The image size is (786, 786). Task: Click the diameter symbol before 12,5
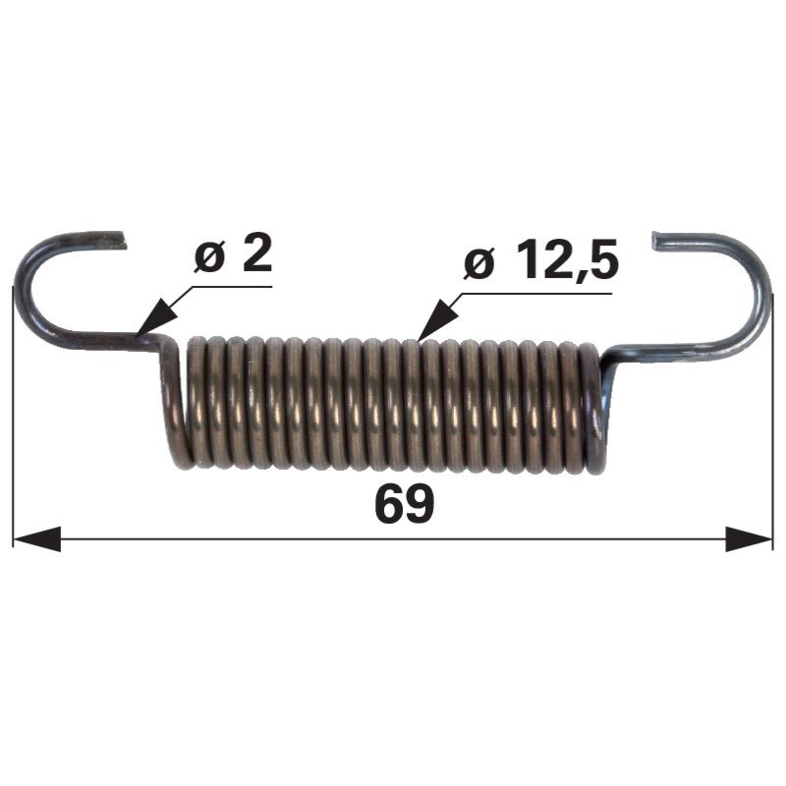pos(478,263)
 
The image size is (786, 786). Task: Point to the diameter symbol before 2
pos(209,257)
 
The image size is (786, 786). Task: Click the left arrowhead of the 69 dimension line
pos(36,538)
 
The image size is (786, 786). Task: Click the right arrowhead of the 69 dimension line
pos(749,538)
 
